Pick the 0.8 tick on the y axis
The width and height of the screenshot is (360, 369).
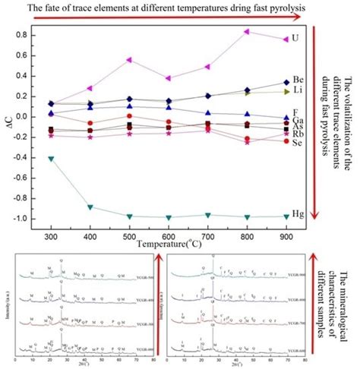point(30,35)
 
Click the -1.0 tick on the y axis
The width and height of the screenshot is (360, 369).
point(28,219)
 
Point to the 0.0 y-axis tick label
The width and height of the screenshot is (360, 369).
point(30,117)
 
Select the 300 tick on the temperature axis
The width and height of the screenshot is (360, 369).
point(51,237)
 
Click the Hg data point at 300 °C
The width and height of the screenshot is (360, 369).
point(51,158)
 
